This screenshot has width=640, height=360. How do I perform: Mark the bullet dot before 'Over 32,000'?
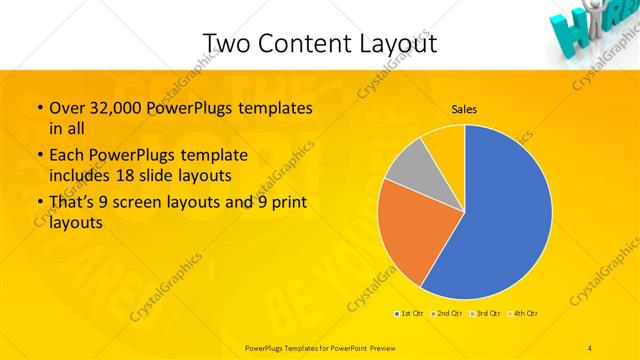[39, 108]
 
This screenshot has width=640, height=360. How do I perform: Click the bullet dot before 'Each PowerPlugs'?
[39, 155]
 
